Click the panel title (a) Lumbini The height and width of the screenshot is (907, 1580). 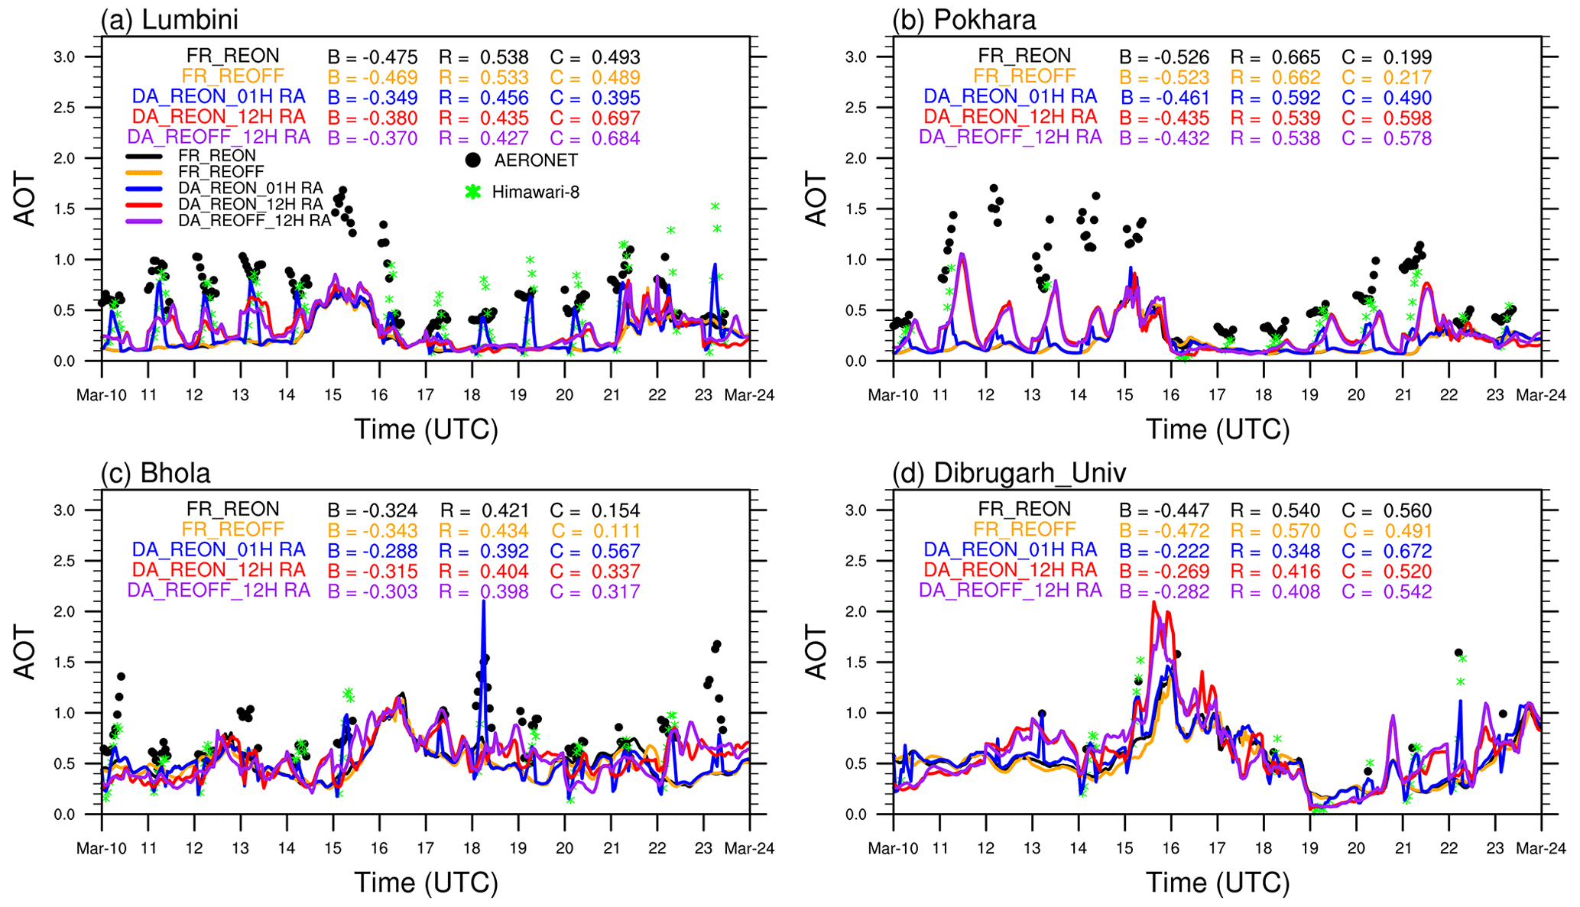tap(170, 19)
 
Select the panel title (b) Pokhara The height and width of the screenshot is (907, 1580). tap(964, 19)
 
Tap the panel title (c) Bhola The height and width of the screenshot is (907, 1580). tap(155, 473)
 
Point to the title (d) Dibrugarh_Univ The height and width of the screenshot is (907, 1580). tap(1009, 473)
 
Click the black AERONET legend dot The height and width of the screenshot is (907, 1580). tap(473, 160)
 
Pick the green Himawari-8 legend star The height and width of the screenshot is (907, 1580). tap(473, 192)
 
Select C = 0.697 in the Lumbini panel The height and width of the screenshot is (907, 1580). tap(595, 118)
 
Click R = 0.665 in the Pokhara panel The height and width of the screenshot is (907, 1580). tap(1275, 57)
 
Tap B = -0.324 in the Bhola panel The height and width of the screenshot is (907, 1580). tap(372, 510)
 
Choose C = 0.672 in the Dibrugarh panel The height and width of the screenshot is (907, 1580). tap(1387, 551)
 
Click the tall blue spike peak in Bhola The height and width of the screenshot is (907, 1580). tap(483, 602)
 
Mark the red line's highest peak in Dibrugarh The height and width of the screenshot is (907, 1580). tap(1154, 603)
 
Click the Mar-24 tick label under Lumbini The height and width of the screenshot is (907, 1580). tap(749, 395)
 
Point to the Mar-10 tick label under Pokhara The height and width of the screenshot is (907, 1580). tap(893, 395)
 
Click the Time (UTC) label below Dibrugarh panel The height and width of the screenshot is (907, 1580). tap(1217, 883)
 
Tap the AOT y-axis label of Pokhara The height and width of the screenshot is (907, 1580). tap(816, 199)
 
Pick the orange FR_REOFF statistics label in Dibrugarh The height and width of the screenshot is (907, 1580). tap(1024, 530)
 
